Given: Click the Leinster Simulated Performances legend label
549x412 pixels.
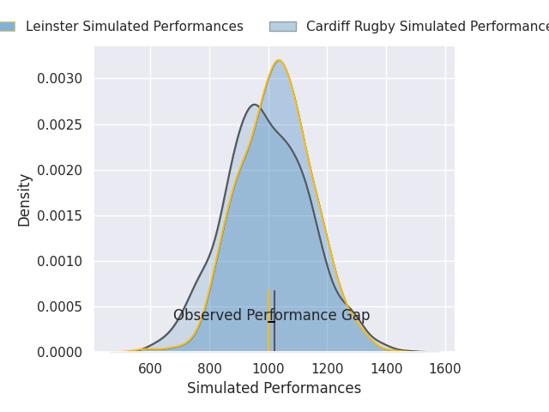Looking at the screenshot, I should (134, 27).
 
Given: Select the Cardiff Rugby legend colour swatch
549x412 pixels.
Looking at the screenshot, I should (282, 27).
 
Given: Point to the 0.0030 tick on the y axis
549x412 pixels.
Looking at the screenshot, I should (60, 79).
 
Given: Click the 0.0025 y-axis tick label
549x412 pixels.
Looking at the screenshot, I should (60, 124).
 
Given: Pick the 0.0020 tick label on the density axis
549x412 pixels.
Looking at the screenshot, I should (60, 170).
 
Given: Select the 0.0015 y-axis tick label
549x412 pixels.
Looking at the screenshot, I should (60, 215).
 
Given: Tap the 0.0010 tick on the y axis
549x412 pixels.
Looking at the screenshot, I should (60, 261).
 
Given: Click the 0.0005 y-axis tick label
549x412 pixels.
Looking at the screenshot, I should (60, 306).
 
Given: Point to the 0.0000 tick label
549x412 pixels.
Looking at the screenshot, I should (60, 352).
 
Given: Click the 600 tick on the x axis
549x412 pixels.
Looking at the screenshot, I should (150, 369).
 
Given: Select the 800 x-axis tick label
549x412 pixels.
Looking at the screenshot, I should (209, 369).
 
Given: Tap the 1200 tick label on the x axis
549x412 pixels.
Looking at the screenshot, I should (327, 369).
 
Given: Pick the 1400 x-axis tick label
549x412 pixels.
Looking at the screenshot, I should (386, 369).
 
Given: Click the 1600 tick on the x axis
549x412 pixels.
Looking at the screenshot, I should (445, 369).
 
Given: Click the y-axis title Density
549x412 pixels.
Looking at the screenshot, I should (25, 199).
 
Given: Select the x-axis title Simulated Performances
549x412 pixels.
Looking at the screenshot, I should (274, 389).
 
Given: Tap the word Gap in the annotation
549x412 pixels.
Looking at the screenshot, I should (355, 316).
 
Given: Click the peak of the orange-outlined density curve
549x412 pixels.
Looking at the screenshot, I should (279, 61).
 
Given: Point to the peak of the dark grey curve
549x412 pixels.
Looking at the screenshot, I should (254, 105).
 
